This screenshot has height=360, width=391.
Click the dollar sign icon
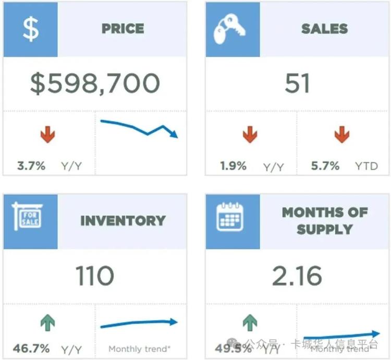pyautogui.click(x=31, y=29)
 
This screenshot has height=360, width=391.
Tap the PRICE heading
pyautogui.click(x=123, y=29)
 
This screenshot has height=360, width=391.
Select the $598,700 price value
pyautogui.click(x=95, y=83)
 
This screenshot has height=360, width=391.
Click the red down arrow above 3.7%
pyautogui.click(x=47, y=135)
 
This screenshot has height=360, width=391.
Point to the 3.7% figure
pyautogui.click(x=31, y=166)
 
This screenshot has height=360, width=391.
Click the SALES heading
pyautogui.click(x=324, y=29)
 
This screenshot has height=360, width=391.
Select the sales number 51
pyautogui.click(x=297, y=83)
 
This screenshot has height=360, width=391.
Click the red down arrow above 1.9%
pyautogui.click(x=250, y=135)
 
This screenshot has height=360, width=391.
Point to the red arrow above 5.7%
pyautogui.click(x=341, y=135)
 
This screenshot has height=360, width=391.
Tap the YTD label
pyautogui.click(x=366, y=166)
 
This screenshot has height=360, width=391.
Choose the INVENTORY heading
pyautogui.click(x=123, y=220)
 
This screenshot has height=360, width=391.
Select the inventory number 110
pyautogui.click(x=94, y=275)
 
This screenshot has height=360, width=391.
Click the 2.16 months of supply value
pyautogui.click(x=297, y=275)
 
